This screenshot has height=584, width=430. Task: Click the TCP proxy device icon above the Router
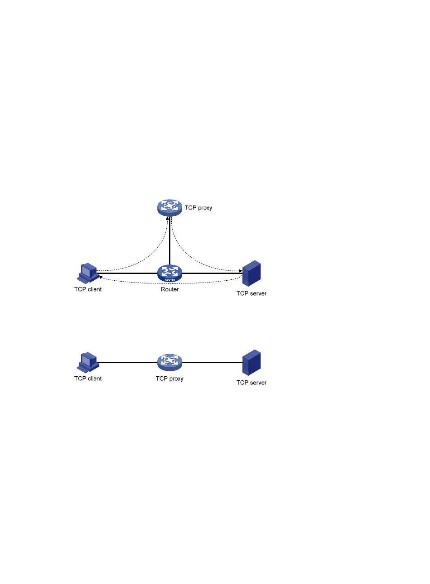click(x=169, y=208)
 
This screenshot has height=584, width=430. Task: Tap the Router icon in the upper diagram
click(x=169, y=273)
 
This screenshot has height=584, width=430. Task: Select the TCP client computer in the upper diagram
click(x=88, y=273)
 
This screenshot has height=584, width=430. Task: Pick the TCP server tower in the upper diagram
click(x=252, y=273)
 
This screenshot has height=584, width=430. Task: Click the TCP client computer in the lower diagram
click(x=88, y=362)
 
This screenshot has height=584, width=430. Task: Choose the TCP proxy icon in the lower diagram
click(x=169, y=362)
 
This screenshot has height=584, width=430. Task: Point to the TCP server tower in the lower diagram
click(x=252, y=362)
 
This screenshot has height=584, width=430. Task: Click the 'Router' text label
click(x=170, y=289)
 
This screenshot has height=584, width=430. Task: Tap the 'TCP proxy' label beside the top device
click(x=198, y=208)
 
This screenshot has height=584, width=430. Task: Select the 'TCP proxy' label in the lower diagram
click(x=169, y=379)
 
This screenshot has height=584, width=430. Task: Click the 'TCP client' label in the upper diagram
click(x=88, y=289)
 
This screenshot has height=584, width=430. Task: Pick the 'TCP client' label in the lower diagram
click(x=88, y=379)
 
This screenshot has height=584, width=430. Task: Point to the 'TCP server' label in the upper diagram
click(x=252, y=293)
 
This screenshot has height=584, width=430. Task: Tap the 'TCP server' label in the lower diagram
click(x=252, y=383)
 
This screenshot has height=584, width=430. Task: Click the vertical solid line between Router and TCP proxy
click(x=169, y=241)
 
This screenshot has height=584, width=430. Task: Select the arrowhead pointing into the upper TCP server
click(x=241, y=271)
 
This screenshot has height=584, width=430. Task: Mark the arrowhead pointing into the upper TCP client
click(x=101, y=277)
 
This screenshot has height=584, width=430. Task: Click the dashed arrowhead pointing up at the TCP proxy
click(x=167, y=218)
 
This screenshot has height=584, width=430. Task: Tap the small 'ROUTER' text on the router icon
click(x=170, y=280)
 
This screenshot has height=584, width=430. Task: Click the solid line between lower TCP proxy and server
click(x=212, y=362)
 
